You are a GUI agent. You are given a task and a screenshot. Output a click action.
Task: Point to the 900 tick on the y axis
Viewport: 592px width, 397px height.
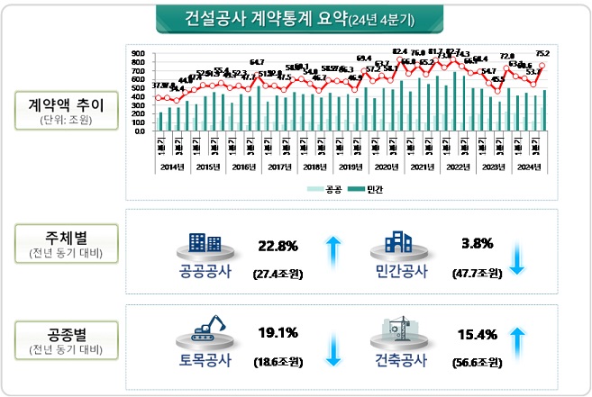pos(141,53)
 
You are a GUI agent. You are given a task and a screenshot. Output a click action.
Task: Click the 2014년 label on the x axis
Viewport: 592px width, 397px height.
pos(171,167)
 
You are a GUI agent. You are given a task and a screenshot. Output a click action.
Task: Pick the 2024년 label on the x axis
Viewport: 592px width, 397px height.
pos(529,167)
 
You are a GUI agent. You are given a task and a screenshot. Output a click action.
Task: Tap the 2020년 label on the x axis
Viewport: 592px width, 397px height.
pos(386,167)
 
